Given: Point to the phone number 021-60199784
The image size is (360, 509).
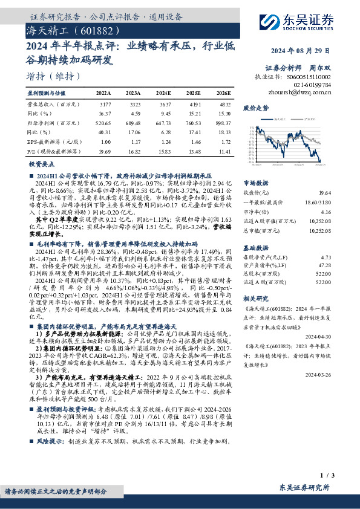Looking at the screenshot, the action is coord(314,85).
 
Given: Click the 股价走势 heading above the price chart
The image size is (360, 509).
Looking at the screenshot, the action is coord(255,109).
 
